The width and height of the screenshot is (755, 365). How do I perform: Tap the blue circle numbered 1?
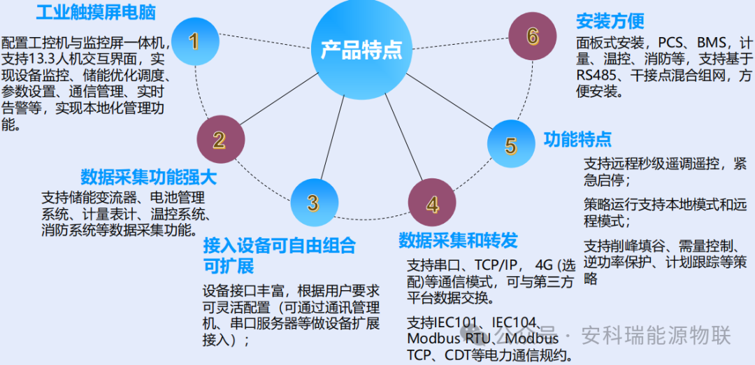pos(194,41)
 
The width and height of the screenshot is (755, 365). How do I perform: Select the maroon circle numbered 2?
pos(219,140)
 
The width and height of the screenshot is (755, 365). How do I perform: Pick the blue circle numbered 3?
pos(313,203)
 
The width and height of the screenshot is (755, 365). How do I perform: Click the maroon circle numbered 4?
pos(432,204)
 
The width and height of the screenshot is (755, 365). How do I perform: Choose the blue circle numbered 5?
pos(511,145)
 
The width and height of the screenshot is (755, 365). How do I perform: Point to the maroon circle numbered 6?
pos(533,36)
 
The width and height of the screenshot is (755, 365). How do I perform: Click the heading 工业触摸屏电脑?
pos(96,12)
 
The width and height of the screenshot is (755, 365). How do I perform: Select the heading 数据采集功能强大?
pos(148,176)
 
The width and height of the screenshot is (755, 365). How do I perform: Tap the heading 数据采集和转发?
pos(458,241)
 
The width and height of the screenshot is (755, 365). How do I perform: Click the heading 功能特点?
pos(577,139)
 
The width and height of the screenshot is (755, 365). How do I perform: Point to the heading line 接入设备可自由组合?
pos(279,245)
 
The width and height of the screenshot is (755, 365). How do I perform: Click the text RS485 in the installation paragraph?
pos(596,75)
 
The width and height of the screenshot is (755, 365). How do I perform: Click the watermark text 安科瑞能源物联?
pos(656,336)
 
